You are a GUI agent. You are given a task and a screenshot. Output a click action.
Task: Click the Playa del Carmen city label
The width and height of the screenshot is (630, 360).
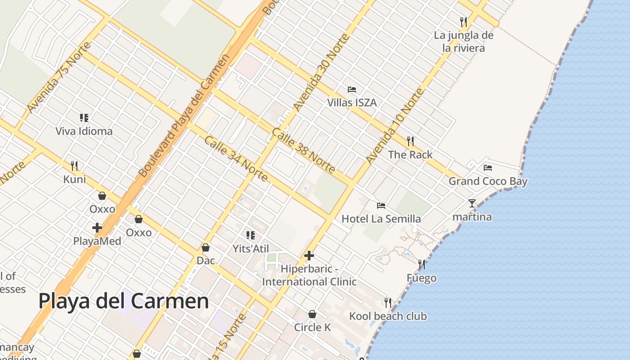124,301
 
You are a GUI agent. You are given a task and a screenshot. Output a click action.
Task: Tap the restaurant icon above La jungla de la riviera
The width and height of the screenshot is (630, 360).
463,21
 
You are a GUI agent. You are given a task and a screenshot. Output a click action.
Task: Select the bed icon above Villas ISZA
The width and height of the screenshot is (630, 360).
352,89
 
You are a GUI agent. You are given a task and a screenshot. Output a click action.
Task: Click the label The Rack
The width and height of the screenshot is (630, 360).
410,154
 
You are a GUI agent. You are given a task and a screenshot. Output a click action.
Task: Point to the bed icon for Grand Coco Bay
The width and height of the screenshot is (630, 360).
488,168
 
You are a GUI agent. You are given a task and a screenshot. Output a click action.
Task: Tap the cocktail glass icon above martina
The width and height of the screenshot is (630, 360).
472,203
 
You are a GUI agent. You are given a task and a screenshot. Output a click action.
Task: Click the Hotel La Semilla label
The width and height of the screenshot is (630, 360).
381,219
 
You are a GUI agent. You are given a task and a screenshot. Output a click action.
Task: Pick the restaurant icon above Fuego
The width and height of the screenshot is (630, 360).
421,264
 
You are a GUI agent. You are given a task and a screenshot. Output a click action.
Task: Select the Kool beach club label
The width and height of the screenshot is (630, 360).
388,316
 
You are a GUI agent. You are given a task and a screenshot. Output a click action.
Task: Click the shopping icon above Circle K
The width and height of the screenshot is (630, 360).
312,314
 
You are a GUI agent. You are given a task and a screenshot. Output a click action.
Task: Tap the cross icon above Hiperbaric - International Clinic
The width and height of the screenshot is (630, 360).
309,256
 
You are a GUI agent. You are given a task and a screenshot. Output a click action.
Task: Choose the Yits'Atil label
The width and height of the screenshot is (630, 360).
251,248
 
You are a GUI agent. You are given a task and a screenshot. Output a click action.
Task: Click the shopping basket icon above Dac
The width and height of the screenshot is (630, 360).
206,247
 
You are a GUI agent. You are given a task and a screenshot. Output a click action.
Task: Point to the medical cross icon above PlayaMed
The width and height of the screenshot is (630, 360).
97,228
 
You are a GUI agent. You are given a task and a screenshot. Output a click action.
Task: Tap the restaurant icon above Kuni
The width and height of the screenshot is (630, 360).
74,166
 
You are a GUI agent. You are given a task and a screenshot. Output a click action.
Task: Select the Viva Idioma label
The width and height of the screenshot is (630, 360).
84,131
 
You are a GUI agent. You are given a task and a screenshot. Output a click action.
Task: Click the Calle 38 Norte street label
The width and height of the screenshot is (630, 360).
304,151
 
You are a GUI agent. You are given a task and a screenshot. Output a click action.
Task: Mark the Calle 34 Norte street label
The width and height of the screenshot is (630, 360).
236,158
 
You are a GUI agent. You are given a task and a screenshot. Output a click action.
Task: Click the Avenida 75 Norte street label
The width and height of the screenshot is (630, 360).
59,78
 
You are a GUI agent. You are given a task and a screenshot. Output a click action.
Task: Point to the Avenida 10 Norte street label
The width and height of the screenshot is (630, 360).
395,126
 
